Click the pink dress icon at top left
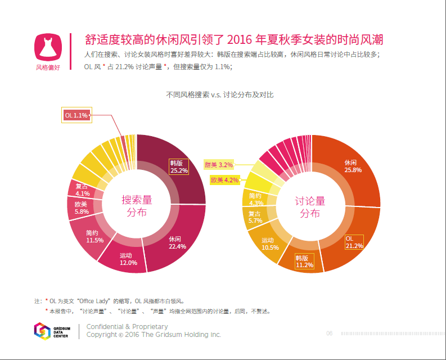coord(48,48)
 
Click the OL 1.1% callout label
coord(76,115)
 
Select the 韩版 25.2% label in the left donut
coord(179,166)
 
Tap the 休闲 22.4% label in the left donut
coord(177,243)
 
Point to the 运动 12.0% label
coord(129,259)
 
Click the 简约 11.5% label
coord(94,237)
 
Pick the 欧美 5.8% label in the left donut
coord(81,208)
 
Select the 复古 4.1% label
coord(82,190)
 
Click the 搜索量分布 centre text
coord(137,206)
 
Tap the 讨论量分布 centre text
coord(310,207)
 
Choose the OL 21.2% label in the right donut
coord(354,242)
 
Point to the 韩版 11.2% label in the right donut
coord(304,262)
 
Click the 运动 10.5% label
coord(271,244)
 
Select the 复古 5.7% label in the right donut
coord(255,218)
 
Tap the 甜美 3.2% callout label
coord(218,165)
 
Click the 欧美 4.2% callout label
coord(224,180)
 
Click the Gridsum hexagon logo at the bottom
coord(42,331)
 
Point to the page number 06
coord(330,334)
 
